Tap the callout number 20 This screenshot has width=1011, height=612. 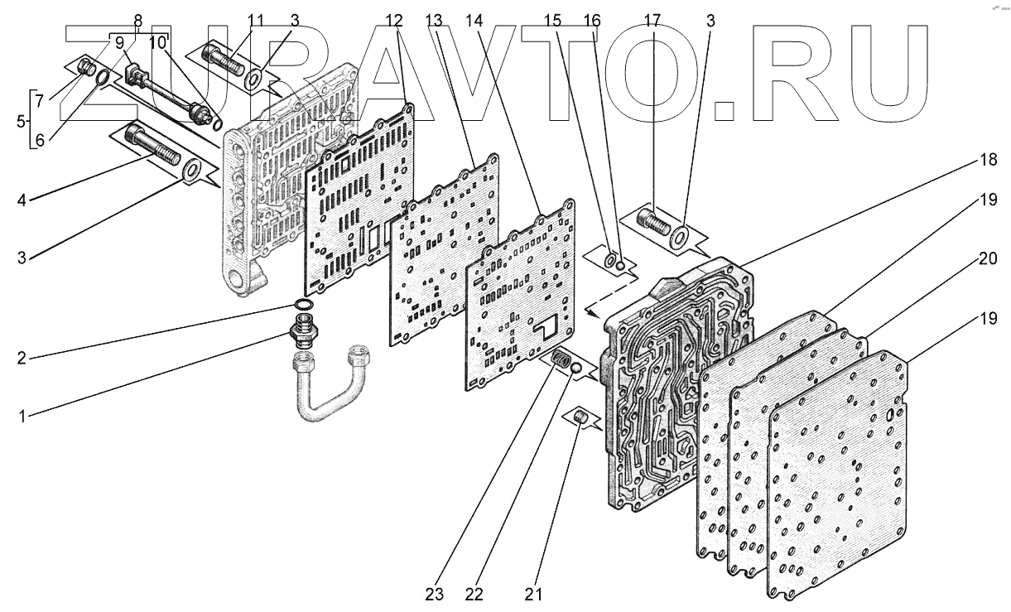click(x=986, y=258)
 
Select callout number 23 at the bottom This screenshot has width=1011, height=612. click(x=435, y=595)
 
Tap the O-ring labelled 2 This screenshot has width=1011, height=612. click(x=305, y=307)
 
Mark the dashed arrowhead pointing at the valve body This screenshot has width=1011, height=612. click(x=590, y=311)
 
